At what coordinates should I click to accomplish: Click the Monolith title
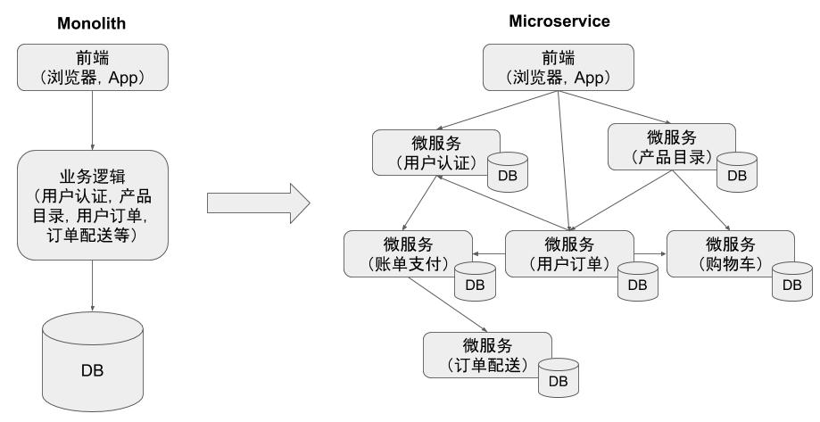(93, 24)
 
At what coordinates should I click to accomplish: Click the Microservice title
(559, 21)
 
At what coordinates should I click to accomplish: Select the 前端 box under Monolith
(93, 68)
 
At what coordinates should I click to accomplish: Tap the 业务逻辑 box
(93, 204)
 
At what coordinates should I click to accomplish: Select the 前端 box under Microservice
(559, 68)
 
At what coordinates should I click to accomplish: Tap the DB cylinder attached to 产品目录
(736, 171)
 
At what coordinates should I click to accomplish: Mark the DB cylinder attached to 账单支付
(475, 281)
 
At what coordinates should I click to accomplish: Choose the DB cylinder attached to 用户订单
(636, 281)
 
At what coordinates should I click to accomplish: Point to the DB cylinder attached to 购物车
(791, 281)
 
